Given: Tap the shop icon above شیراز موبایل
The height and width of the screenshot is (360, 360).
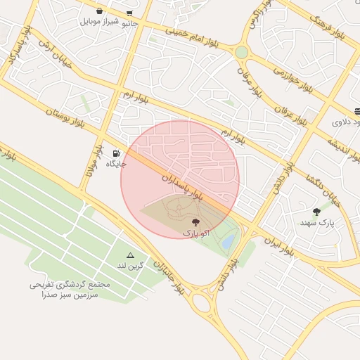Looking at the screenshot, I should [x=99, y=11].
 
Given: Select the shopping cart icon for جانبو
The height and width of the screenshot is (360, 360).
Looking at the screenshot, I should [x=129, y=13].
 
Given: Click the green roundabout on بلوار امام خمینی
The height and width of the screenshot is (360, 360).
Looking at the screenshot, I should [x=241, y=53].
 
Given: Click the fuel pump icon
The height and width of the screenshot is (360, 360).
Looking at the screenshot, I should [x=115, y=153].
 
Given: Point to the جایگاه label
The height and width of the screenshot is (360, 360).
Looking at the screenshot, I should [x=116, y=164].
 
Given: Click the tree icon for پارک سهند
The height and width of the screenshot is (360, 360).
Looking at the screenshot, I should [x=316, y=211].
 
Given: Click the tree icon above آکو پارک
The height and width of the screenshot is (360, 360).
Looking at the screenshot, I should [x=195, y=221].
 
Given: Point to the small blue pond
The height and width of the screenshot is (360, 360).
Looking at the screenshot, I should [x=229, y=242].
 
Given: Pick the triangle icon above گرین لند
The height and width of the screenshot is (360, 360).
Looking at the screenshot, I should [x=130, y=255].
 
